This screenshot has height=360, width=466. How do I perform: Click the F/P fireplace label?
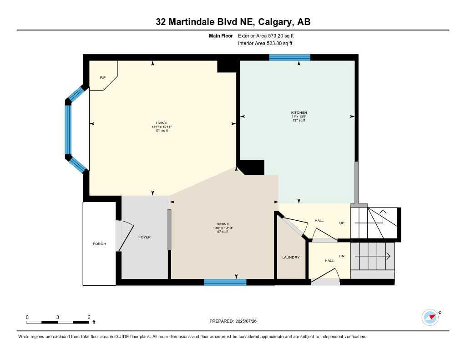click(103, 78)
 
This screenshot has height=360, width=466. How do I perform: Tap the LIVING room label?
click(162, 122)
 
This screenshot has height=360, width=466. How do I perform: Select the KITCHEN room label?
click(299, 112)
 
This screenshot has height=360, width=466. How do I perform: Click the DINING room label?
click(223, 224)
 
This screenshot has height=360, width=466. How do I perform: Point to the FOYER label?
click(144, 237)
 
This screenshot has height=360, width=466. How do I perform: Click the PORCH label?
click(99, 244)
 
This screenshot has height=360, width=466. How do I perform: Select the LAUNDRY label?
click(291, 258)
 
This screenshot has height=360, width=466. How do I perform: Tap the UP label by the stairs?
click(342, 223)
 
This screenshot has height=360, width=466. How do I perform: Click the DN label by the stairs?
click(342, 256)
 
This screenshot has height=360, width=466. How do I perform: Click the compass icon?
click(430, 317)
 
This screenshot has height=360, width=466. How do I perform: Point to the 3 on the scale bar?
click(58, 317)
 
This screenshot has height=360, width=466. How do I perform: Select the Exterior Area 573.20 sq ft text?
click(269, 35)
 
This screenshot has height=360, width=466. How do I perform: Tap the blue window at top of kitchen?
click(289, 57)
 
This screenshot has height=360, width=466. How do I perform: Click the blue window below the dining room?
click(225, 283)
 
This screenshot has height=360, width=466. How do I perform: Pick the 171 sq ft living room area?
click(162, 131)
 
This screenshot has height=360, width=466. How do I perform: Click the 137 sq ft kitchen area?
click(299, 121)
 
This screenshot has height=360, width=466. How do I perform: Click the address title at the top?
click(233, 22)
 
